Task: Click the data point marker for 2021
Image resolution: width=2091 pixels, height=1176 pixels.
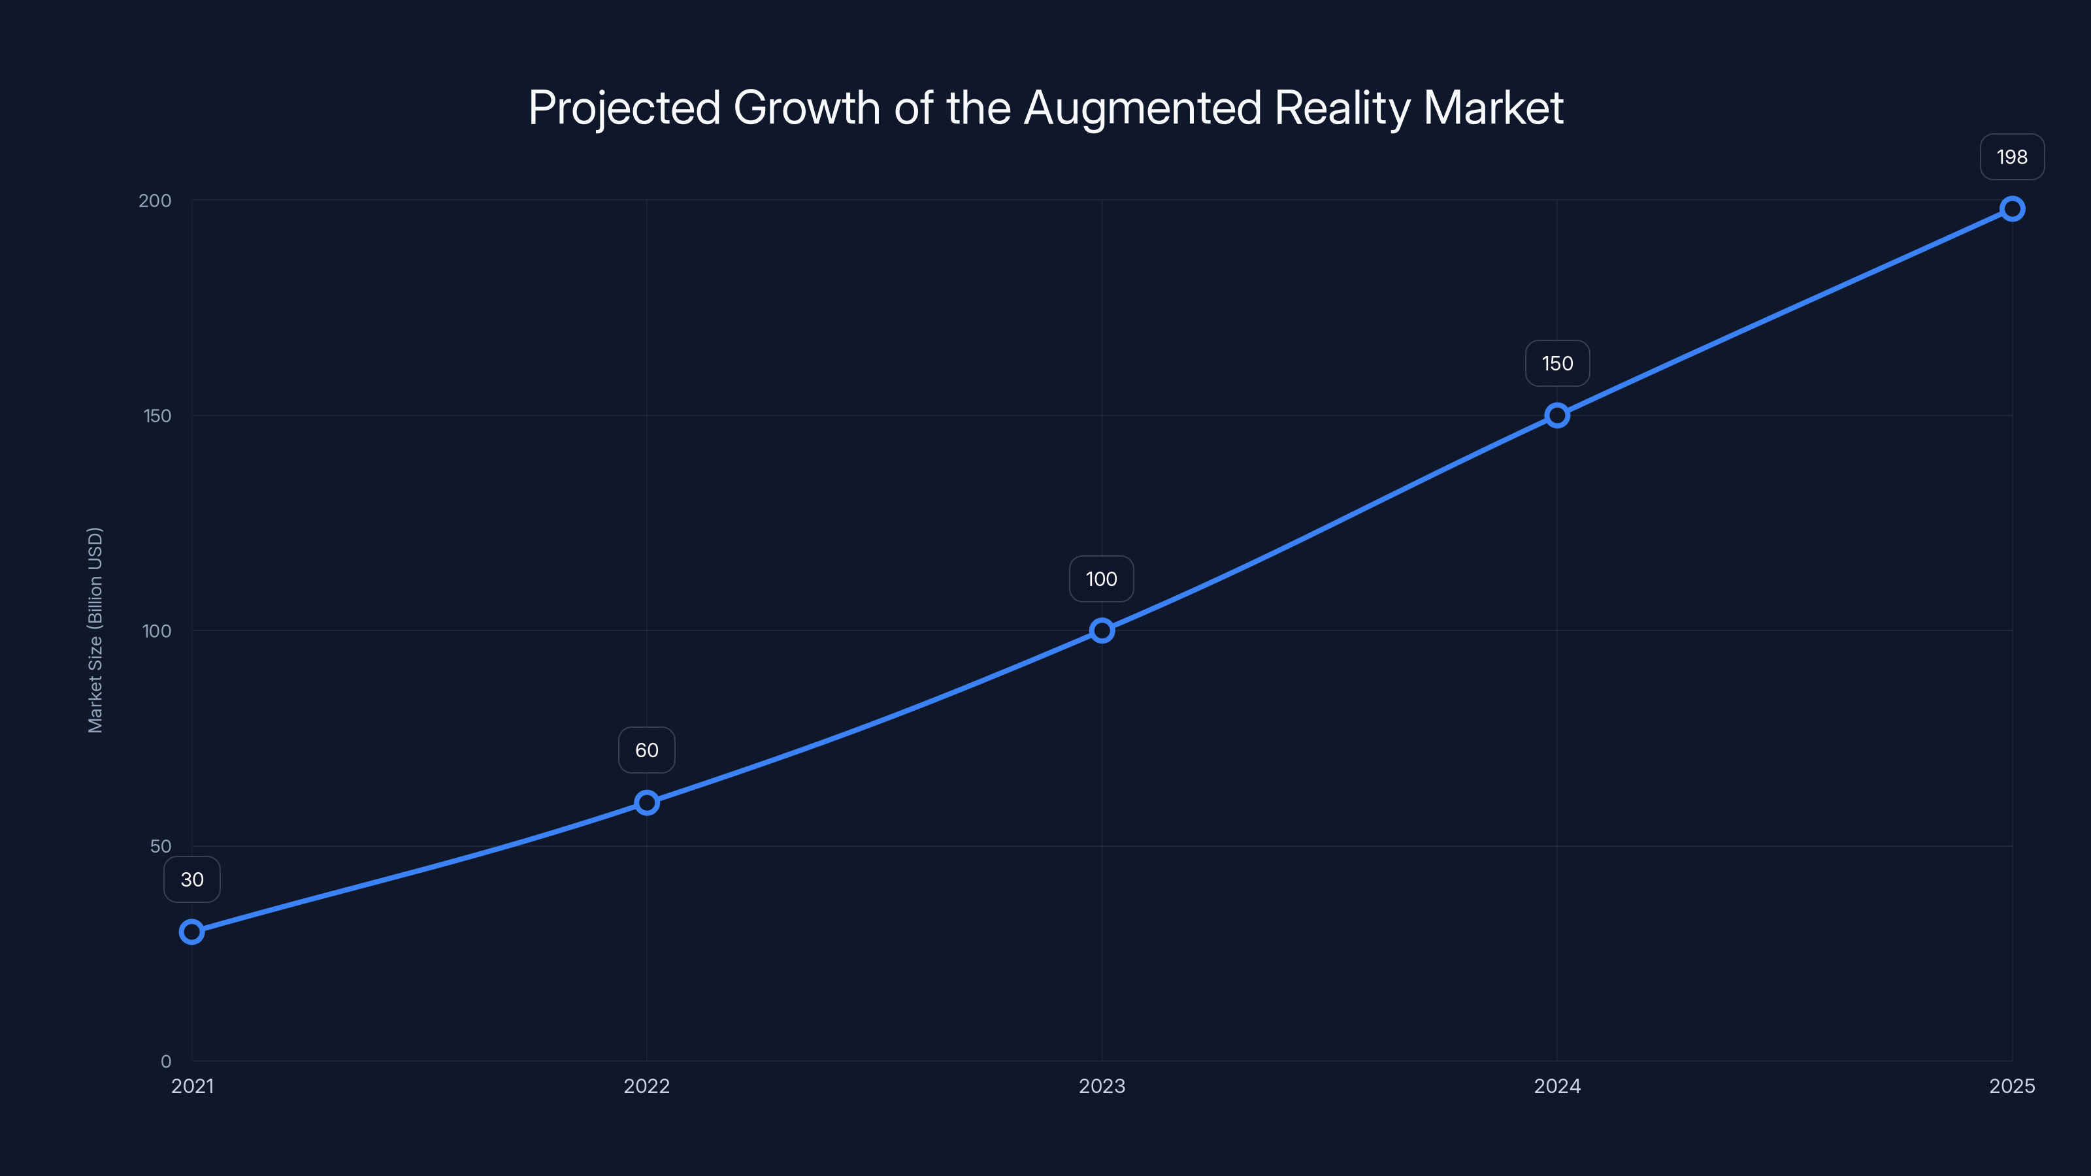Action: click(x=191, y=932)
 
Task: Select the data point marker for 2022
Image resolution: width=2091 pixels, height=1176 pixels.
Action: click(x=647, y=803)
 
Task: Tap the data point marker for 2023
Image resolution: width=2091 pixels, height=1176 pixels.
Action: click(x=1102, y=630)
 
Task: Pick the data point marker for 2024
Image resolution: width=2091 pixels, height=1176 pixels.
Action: click(x=1557, y=416)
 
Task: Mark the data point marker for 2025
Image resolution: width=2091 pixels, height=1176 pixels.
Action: click(x=2013, y=208)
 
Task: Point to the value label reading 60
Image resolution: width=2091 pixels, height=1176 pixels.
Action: click(x=647, y=750)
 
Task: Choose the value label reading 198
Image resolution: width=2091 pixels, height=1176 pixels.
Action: click(x=2013, y=157)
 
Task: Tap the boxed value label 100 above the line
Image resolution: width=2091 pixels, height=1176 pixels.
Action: click(x=1102, y=579)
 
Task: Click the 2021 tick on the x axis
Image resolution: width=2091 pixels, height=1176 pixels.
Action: click(x=192, y=1086)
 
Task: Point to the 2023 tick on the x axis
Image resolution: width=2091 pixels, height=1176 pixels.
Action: click(x=1102, y=1086)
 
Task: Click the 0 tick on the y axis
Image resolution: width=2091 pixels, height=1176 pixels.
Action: click(x=165, y=1062)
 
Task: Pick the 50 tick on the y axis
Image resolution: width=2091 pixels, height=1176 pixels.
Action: click(x=161, y=845)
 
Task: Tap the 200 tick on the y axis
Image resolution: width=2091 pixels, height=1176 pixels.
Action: click(x=155, y=201)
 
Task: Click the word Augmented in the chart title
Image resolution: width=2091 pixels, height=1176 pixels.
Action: click(x=1143, y=108)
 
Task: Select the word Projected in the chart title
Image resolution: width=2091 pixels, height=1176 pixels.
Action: click(x=624, y=108)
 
